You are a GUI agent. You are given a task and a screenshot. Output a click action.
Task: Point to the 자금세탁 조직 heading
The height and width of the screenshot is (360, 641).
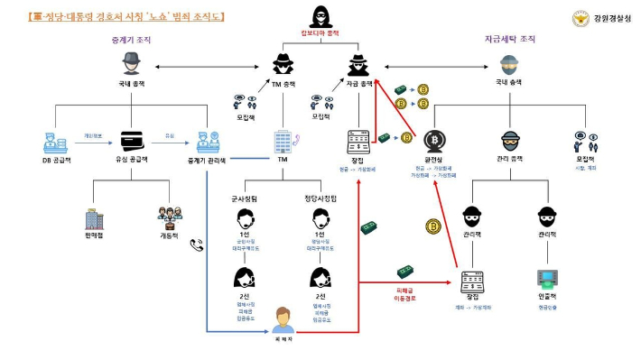(x=511, y=39)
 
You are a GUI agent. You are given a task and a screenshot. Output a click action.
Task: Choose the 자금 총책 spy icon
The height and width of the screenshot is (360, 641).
(x=359, y=63)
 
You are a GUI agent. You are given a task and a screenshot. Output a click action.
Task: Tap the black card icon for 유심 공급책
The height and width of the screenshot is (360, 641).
(x=133, y=143)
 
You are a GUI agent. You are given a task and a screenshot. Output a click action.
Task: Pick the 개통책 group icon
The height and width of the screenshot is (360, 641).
(x=170, y=217)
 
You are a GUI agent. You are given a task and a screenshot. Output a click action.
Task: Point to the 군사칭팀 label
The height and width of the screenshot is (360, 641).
(x=244, y=198)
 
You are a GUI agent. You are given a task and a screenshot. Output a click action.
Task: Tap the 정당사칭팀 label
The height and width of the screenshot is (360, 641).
(x=320, y=198)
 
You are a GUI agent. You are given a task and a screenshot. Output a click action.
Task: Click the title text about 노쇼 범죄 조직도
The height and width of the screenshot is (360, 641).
(x=126, y=16)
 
